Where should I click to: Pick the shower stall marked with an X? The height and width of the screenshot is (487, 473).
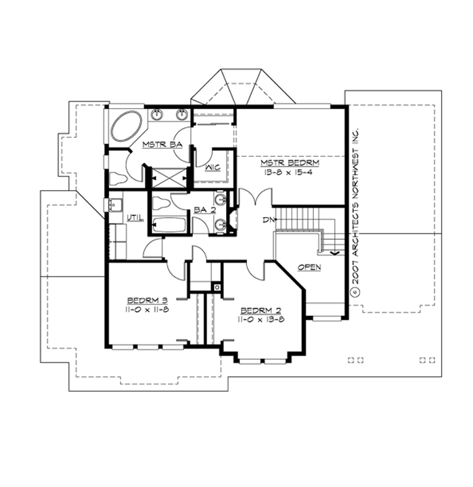[166, 177]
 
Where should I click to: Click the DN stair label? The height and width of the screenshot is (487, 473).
[267, 220]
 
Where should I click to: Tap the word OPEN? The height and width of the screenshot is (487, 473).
[309, 267]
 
